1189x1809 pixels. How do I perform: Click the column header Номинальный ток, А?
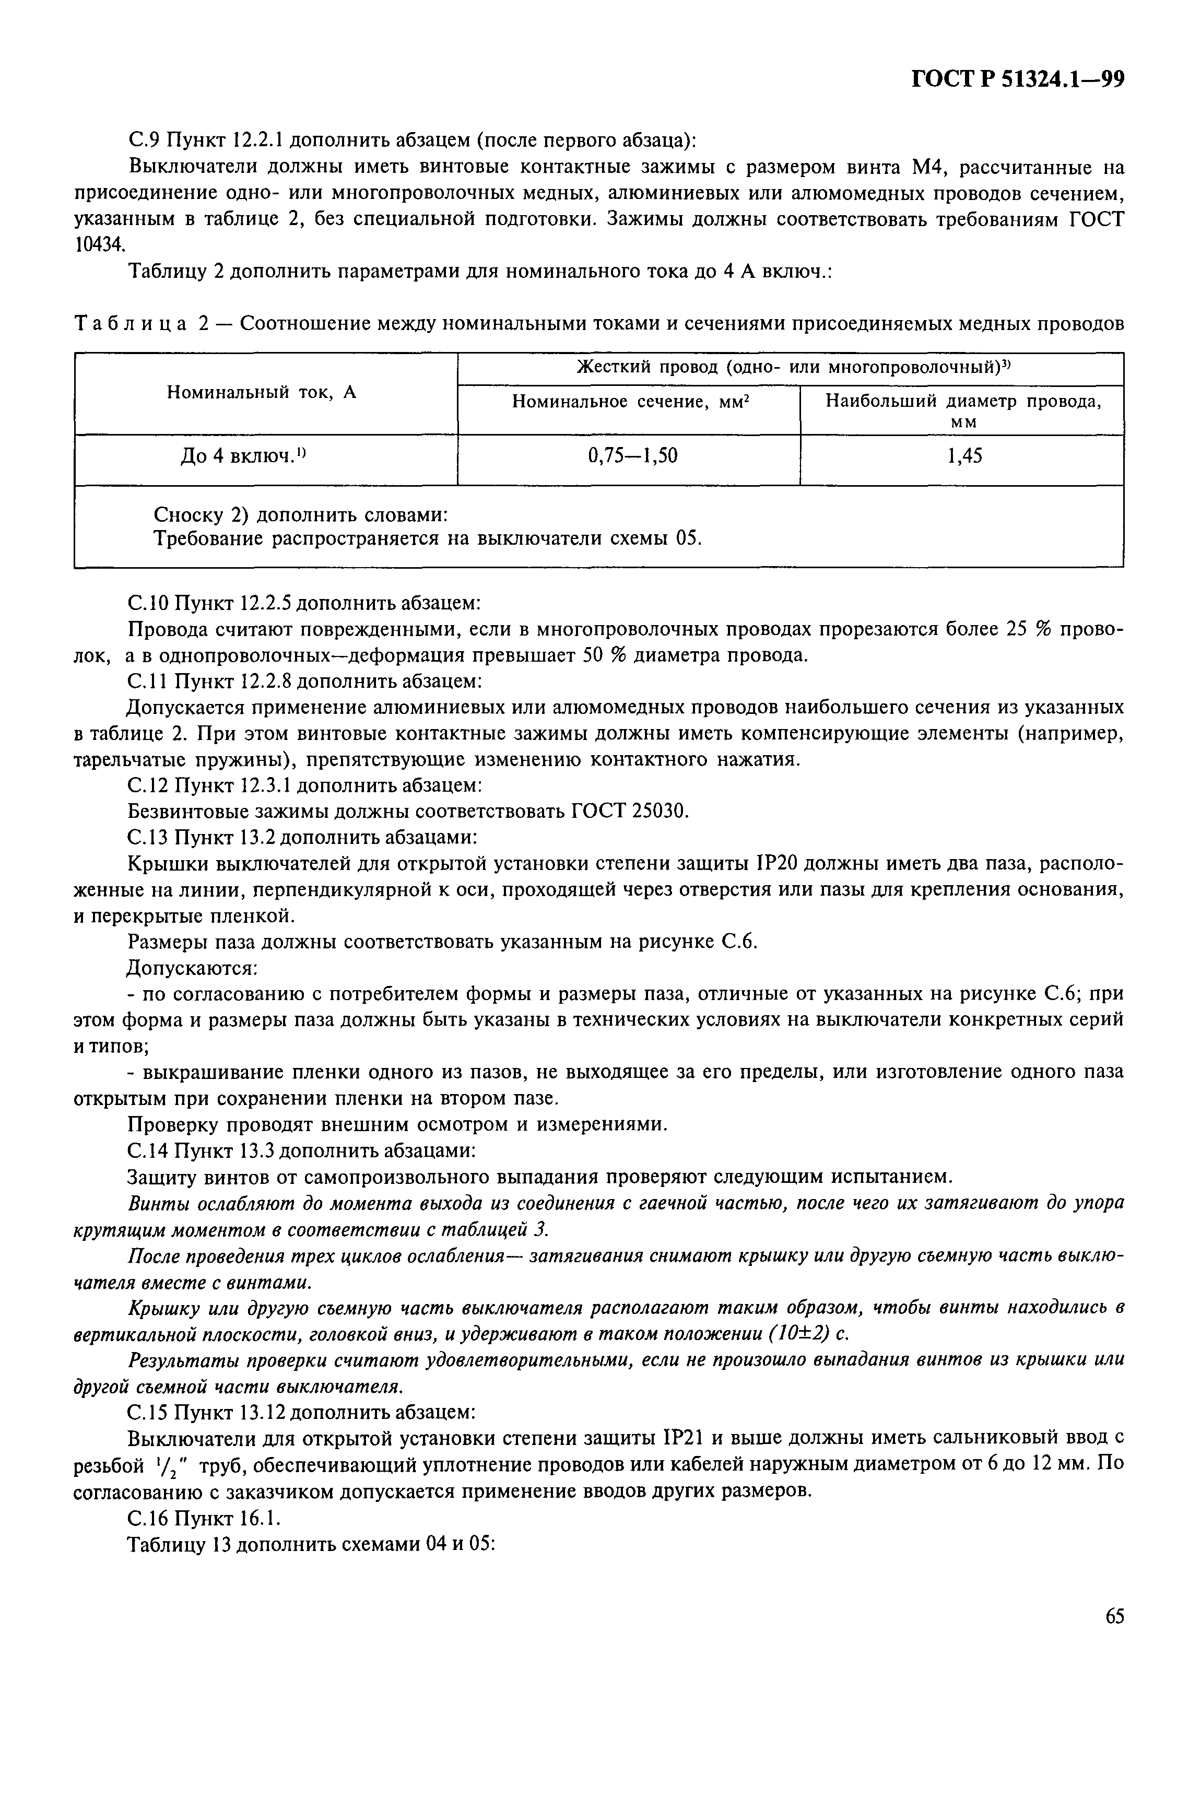262,392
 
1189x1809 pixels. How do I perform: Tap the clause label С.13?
148,837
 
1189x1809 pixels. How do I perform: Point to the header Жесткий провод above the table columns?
646,367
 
